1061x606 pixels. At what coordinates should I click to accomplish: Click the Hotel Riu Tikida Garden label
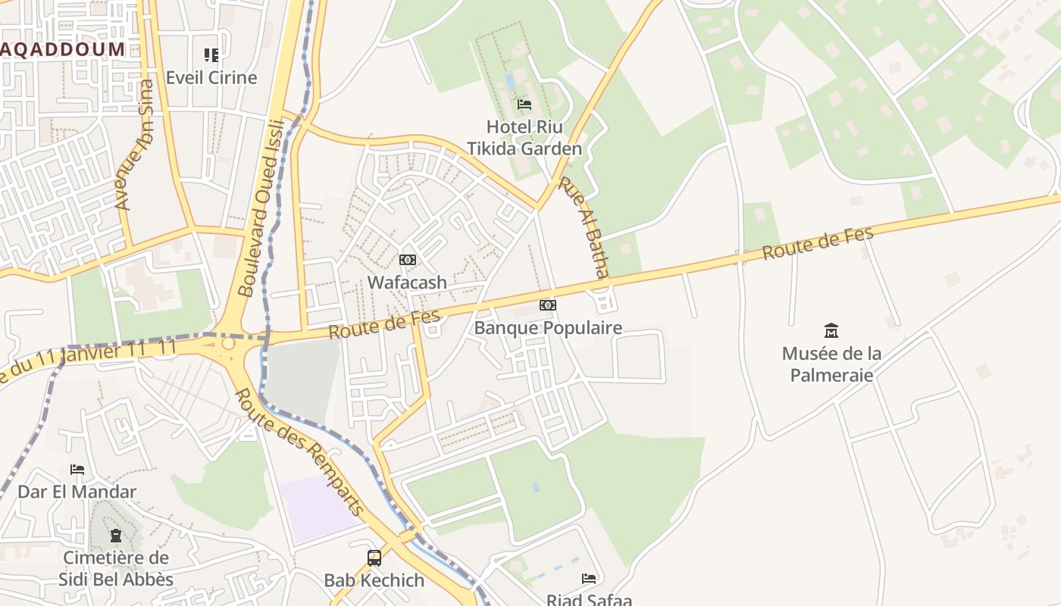(524, 137)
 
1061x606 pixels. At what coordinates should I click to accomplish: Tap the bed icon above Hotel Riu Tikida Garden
(524, 105)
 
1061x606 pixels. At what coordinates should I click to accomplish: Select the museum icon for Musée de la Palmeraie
(831, 330)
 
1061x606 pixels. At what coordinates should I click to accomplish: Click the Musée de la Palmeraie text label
(831, 364)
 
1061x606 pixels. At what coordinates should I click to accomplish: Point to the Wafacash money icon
(408, 260)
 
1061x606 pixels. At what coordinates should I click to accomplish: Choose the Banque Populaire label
(548, 328)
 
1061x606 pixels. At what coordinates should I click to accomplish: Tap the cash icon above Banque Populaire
(548, 305)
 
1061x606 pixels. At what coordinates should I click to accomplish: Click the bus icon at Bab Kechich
(374, 558)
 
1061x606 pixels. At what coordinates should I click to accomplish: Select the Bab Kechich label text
(374, 581)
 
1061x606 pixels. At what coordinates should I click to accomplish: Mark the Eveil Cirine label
(211, 77)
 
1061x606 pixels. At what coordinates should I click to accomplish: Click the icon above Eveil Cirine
(211, 55)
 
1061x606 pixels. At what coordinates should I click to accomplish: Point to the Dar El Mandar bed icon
(77, 470)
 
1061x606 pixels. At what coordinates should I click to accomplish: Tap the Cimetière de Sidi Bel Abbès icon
(115, 536)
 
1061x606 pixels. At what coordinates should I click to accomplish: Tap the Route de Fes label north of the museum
(818, 242)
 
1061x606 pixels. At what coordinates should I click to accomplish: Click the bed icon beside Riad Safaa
(589, 579)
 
